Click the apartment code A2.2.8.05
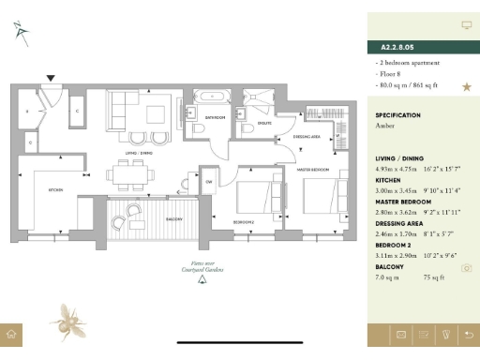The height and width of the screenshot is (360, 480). point(399,46)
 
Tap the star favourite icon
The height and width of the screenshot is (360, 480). point(466,87)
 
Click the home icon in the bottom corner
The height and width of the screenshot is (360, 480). point(11,334)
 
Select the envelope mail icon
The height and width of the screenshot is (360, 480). point(400,334)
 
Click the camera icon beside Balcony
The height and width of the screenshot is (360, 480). point(466,268)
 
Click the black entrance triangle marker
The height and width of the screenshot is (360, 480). point(51,79)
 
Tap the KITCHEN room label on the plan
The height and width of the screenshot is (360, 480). point(55,190)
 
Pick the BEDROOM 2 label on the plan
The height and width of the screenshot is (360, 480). point(244,221)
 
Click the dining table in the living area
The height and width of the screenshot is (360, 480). point(126,172)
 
